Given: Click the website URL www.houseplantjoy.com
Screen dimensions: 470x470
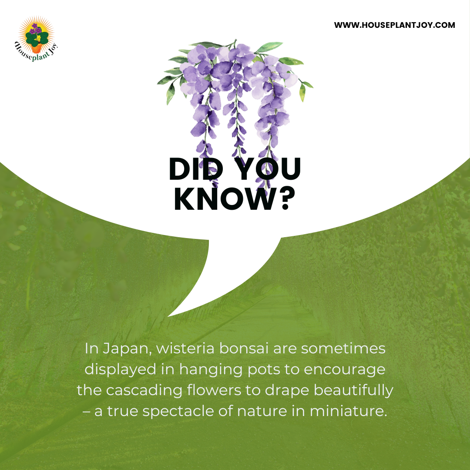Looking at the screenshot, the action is [394, 25].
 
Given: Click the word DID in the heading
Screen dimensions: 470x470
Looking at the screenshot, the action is [196, 169].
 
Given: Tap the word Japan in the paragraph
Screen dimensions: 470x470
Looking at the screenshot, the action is [127, 349].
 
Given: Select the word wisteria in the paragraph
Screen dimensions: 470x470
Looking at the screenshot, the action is [185, 348].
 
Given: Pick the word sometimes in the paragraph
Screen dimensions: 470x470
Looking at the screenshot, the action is [343, 349].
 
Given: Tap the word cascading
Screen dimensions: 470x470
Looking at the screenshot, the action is [144, 391].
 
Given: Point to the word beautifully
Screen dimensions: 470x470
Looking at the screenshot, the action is [353, 391].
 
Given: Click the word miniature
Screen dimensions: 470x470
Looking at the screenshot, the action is [348, 411].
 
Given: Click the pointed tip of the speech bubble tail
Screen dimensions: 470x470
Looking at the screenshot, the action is [168, 316].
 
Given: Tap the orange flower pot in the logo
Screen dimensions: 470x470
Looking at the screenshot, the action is [37, 48].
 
